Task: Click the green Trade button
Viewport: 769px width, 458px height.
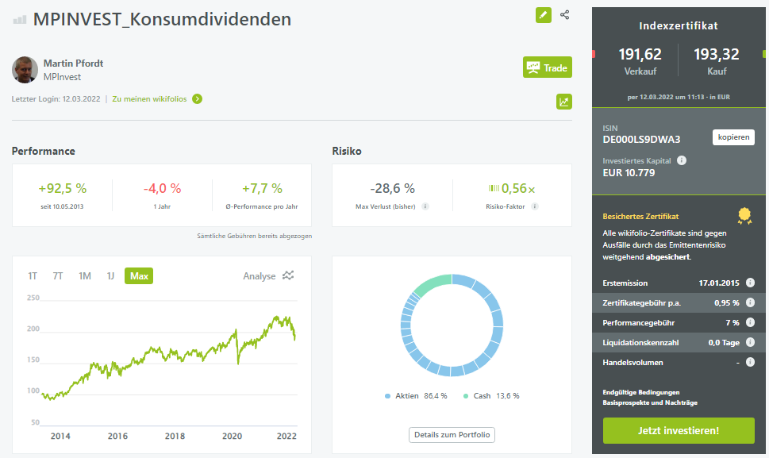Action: (548, 67)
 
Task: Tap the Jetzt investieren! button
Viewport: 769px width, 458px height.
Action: (679, 430)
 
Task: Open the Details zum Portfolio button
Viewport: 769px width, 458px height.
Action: (452, 435)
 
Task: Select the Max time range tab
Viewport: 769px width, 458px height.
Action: (139, 276)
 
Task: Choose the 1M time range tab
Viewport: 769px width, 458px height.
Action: (85, 276)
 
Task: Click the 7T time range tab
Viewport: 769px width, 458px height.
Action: (58, 276)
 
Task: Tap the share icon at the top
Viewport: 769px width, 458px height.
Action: (565, 15)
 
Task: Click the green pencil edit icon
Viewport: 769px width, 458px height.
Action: (544, 15)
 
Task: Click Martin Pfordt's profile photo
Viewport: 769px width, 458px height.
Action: (25, 70)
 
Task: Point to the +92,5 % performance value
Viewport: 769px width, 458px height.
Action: (62, 188)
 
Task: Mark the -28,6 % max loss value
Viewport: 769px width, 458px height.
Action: (392, 188)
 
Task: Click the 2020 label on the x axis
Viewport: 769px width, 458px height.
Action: (232, 436)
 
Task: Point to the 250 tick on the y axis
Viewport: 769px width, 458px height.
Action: (33, 298)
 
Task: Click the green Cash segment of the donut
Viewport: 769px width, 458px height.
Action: (432, 282)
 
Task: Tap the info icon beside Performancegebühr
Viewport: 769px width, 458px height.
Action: (750, 322)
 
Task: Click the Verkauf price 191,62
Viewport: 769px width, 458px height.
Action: (640, 54)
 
